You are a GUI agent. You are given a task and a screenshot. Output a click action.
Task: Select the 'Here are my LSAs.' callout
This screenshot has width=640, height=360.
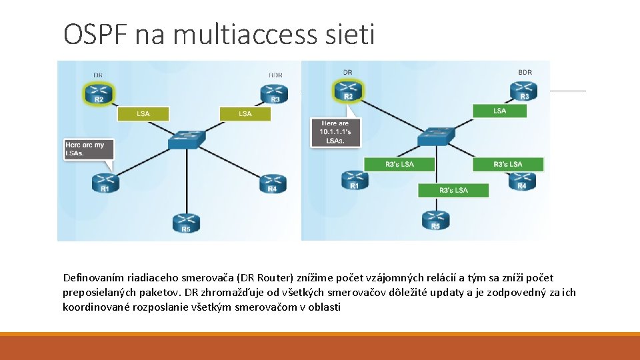87,149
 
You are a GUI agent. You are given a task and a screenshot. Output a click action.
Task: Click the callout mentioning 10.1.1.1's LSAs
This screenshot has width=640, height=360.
335,133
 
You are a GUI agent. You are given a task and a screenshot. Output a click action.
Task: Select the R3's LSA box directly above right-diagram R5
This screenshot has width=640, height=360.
453,190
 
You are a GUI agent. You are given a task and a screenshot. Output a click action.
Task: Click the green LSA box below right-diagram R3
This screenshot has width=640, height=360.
499,111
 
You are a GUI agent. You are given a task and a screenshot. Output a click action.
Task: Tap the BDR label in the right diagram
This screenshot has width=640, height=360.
525,72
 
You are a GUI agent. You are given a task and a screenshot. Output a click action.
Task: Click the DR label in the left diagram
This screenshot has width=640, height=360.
98,75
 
